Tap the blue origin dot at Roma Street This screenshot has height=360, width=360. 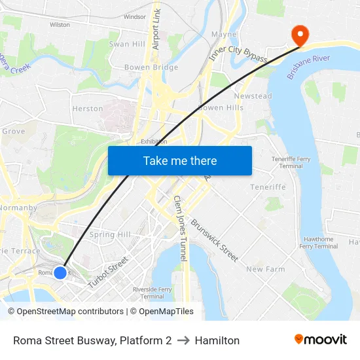[60, 272]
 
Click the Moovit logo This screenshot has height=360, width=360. [321, 340]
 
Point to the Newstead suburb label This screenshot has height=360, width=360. [253, 96]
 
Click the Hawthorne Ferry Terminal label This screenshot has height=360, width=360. [318, 243]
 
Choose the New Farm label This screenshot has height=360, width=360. [265, 269]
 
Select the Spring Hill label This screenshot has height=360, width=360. [110, 234]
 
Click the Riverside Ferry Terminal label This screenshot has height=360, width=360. [152, 293]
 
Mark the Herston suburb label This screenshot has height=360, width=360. [87, 109]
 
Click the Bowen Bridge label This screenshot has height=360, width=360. [151, 67]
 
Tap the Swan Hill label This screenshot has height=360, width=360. [127, 44]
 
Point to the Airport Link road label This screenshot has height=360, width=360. [156, 30]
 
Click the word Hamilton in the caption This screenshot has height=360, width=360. [217, 340]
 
